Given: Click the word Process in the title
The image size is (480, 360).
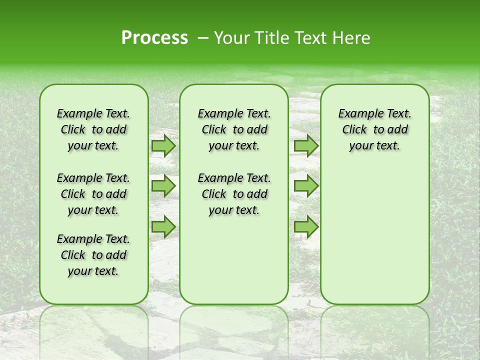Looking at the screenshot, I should point(154,38).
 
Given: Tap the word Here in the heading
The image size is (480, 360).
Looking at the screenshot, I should point(351,38).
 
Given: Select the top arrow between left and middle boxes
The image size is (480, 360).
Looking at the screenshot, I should point(163,145).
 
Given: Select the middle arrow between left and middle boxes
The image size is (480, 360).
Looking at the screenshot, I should point(163,186).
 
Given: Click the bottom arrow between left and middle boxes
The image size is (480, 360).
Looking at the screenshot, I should point(163,227).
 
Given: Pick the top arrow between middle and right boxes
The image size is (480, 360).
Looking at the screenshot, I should point(306,145).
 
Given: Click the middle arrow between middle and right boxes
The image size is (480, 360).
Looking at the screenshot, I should point(306,186).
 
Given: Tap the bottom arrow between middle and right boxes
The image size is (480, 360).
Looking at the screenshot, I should point(306,227).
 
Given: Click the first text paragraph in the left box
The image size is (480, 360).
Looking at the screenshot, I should point(93,129).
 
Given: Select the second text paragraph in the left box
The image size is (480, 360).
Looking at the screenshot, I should point(93,194).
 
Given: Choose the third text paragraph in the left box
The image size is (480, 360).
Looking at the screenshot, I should point(93,255).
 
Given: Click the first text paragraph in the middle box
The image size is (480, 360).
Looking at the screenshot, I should point(234,129).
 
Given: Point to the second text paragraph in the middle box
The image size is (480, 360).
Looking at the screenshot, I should point(234,194).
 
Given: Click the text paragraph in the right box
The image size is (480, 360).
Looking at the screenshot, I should point(374,129).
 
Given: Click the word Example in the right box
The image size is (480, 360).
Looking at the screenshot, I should point(356,113).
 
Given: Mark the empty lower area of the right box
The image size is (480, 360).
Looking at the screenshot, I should point(374,230).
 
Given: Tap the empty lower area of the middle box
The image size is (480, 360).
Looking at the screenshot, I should point(234,260).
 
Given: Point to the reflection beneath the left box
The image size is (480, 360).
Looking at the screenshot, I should point(93,325).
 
